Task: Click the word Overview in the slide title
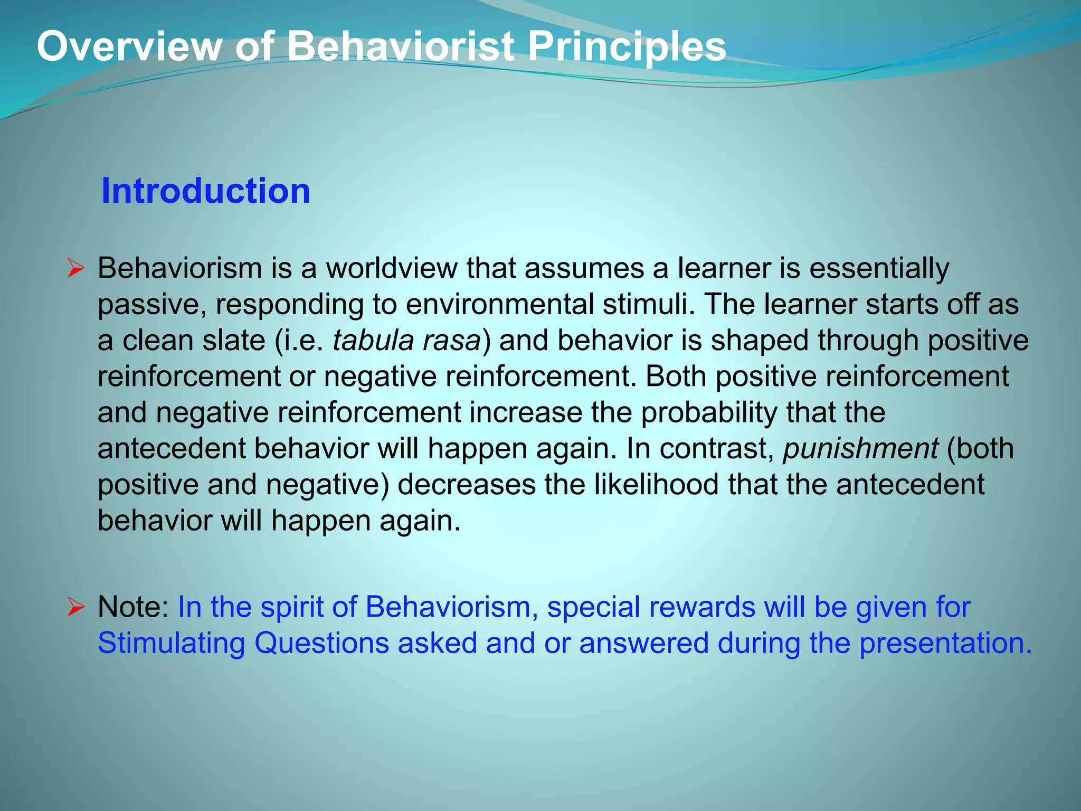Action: (130, 46)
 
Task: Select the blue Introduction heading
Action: (205, 191)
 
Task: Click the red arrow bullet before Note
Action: (76, 608)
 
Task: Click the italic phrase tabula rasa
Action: (407, 340)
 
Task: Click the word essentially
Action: (879, 268)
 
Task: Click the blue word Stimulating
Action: (172, 643)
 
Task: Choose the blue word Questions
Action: (321, 643)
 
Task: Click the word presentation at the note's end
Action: (945, 643)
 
